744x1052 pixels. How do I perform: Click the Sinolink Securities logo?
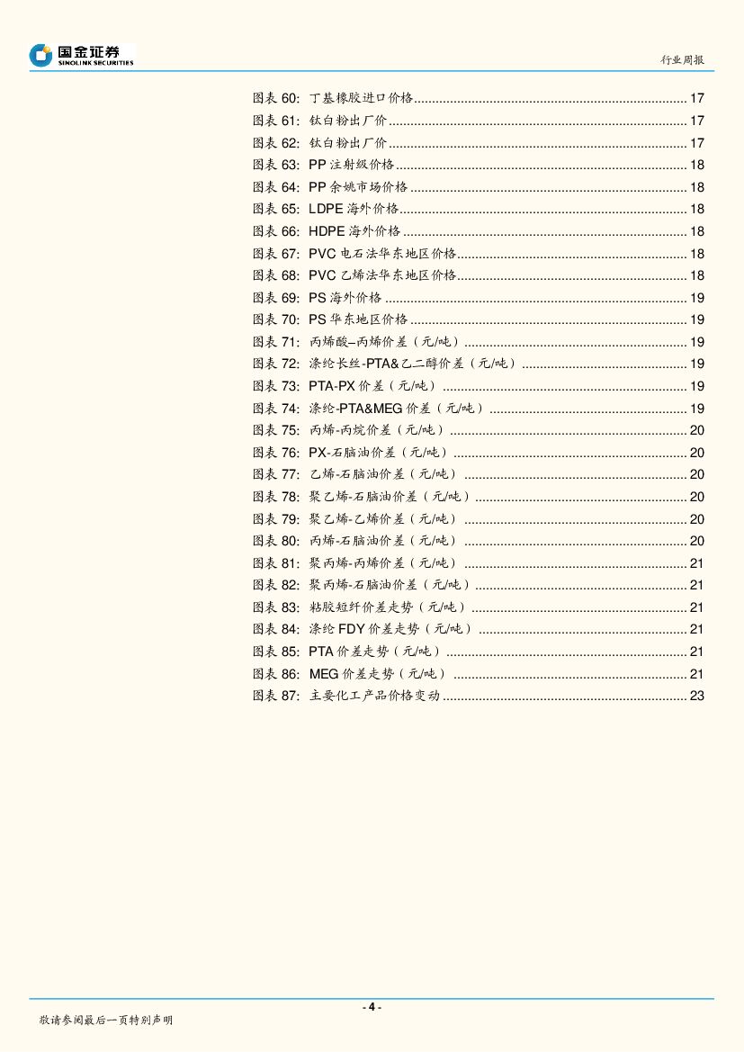[x=81, y=55]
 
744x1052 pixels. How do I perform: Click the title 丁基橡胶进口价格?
[x=361, y=99]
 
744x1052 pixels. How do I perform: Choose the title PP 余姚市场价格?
[x=358, y=187]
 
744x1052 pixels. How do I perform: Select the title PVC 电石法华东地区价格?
[x=382, y=254]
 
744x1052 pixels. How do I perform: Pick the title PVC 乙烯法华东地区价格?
[x=382, y=275]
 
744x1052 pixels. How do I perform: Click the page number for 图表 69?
[x=696, y=298]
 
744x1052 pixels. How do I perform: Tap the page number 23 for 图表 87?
[x=696, y=696]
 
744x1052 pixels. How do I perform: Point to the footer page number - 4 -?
[x=372, y=1007]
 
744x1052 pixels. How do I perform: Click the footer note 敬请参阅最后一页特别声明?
[x=105, y=1020]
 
